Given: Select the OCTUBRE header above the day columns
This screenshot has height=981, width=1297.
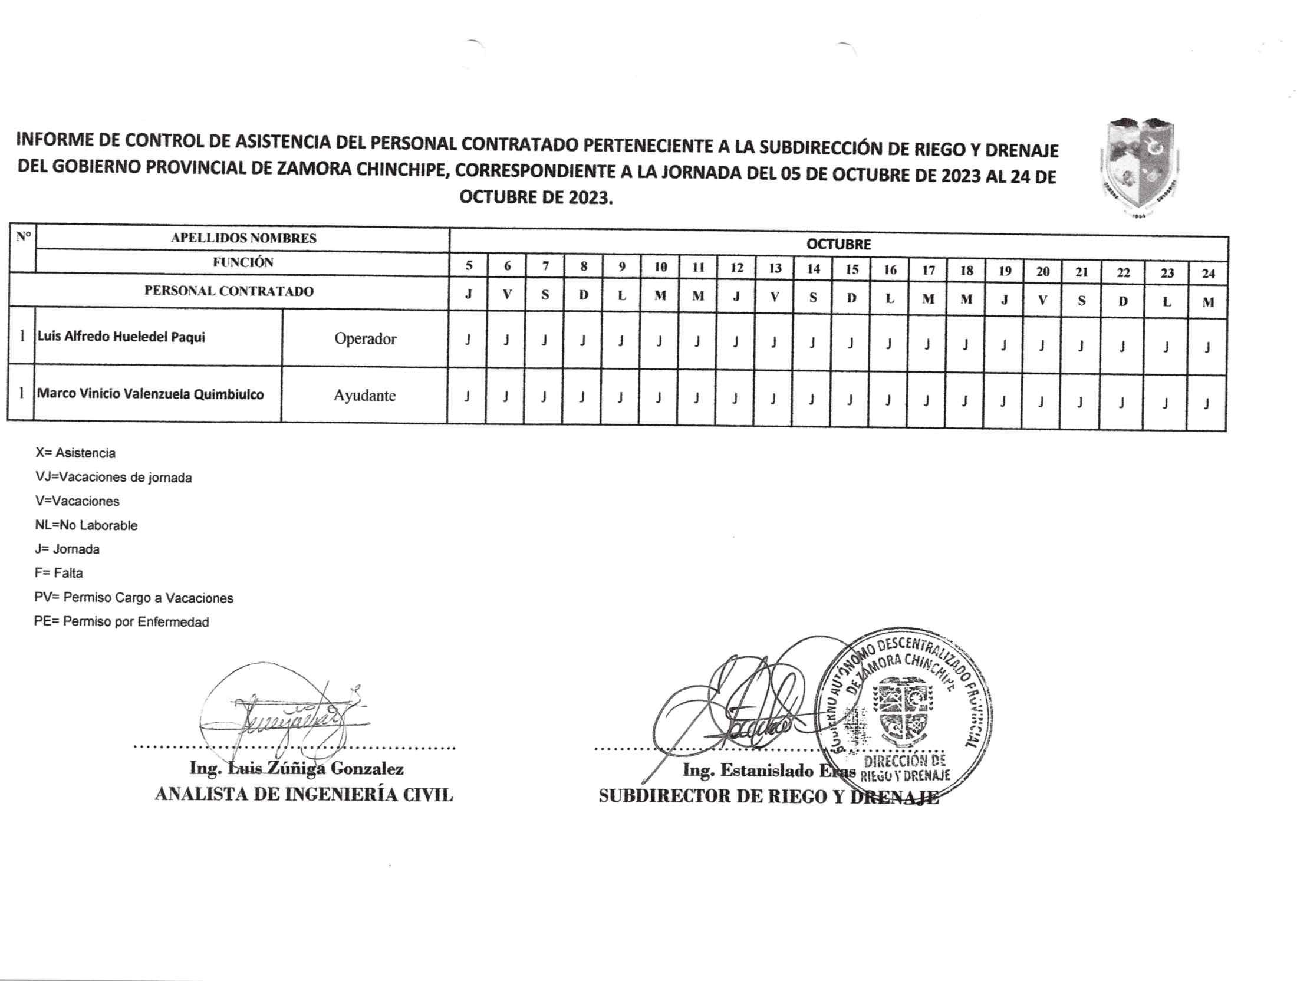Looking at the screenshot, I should click(838, 244).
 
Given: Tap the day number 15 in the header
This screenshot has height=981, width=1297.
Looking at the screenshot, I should click(852, 269).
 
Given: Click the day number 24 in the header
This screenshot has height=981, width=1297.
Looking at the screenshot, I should click(1208, 274).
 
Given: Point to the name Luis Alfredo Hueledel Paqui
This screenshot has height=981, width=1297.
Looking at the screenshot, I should click(121, 337).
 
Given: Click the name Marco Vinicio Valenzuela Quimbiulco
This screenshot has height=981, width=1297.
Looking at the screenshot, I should click(150, 394).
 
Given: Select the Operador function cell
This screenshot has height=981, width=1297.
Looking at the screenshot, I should click(365, 339).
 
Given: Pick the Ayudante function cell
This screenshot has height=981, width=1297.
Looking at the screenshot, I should click(364, 396).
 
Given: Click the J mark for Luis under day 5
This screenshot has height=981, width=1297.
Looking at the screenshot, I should click(468, 340).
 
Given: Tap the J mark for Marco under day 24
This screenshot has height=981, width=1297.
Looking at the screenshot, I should click(1207, 404).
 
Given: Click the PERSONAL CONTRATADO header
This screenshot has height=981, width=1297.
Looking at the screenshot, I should click(229, 291).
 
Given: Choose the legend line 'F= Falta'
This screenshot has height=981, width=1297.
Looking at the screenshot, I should click(59, 573).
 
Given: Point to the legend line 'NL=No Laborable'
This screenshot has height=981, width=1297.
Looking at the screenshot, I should click(86, 525).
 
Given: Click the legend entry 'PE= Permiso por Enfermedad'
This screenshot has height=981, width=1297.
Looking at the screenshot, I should click(121, 622).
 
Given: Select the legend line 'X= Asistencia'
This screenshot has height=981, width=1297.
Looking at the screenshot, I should click(75, 453).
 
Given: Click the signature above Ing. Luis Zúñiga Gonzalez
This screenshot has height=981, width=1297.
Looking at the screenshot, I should click(283, 716).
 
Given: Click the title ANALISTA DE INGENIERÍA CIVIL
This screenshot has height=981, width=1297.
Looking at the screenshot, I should click(304, 795).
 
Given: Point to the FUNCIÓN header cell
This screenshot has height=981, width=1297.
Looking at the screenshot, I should click(243, 262).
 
